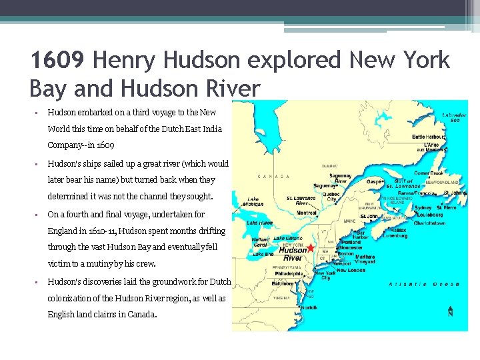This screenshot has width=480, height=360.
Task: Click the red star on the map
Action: pyautogui.click(x=310, y=247)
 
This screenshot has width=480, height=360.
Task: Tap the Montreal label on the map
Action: pyautogui.click(x=306, y=212)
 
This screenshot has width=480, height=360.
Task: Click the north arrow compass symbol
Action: pyautogui.click(x=451, y=311)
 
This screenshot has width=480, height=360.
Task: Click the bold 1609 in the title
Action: pyautogui.click(x=57, y=61)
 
